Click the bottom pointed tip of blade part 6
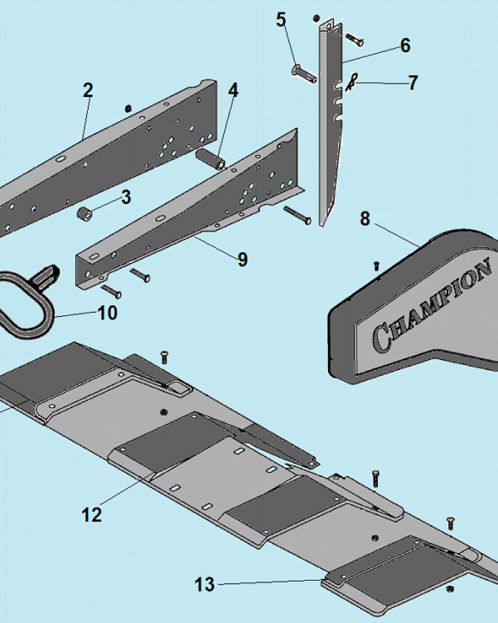pyautogui.click(x=322, y=227)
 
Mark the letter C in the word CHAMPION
pyautogui.click(x=381, y=338)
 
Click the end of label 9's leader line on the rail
pyautogui.click(x=195, y=237)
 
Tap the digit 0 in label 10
pyautogui.click(x=113, y=313)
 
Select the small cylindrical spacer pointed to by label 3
pyautogui.click(x=85, y=214)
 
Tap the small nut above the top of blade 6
pyautogui.click(x=316, y=18)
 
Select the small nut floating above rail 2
pyautogui.click(x=128, y=108)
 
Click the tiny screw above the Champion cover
pyautogui.click(x=377, y=265)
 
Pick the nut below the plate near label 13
pyautogui.click(x=450, y=588)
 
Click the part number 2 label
pyautogui.click(x=88, y=90)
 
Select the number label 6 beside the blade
pyautogui.click(x=405, y=45)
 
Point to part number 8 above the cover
pyautogui.click(x=365, y=219)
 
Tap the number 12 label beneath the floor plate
pyautogui.click(x=92, y=515)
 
